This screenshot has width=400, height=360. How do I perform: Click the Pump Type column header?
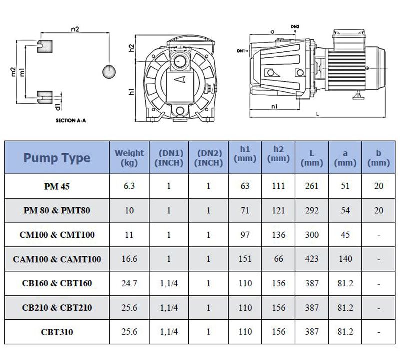57,158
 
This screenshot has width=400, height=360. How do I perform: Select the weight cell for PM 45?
129,186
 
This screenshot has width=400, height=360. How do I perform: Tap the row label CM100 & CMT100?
57,235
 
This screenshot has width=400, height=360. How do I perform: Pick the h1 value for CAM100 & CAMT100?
245,259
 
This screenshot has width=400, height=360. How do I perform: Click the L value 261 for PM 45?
312,186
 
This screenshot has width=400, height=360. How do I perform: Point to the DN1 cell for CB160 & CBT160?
169,283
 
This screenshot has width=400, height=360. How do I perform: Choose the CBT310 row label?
57,332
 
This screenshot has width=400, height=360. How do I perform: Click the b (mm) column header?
379,158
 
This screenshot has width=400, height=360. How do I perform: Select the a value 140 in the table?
345,259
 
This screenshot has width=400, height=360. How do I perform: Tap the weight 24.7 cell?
129,283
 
